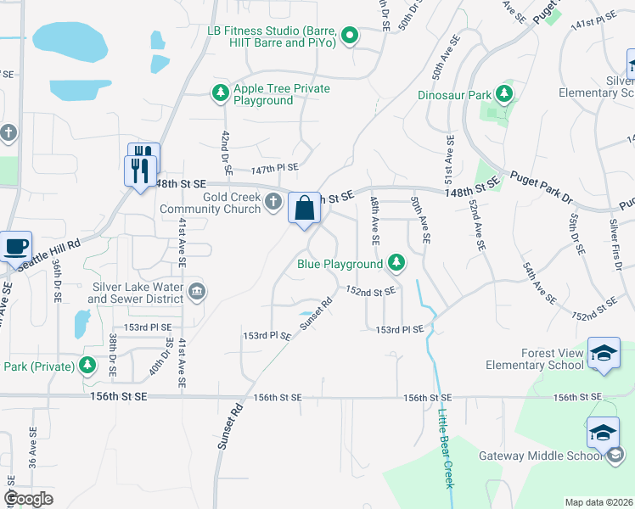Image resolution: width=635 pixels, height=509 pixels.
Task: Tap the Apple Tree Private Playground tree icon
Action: point(221,92)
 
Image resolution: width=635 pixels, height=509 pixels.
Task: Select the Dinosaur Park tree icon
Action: point(504,93)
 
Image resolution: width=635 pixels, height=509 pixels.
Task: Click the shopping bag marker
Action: point(305,208)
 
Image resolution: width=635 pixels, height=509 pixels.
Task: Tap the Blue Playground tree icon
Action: point(396,264)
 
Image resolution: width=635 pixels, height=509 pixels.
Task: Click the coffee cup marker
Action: point(16,246)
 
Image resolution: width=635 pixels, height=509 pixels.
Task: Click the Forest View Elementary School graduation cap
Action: point(604,354)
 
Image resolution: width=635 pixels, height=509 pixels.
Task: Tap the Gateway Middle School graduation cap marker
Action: point(604,433)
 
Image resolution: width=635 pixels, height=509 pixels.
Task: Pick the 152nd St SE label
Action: point(371,290)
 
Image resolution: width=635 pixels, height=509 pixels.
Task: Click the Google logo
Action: point(29,499)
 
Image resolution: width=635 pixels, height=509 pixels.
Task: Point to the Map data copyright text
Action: point(599,502)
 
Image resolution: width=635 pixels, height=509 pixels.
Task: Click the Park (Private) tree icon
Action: point(87,366)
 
